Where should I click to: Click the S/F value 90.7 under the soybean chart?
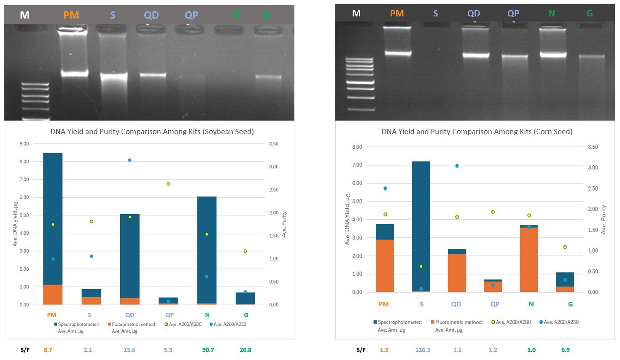tap(208, 350)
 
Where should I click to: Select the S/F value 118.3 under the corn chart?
tap(423, 350)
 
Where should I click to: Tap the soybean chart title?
tap(152, 132)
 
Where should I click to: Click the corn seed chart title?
tap(477, 132)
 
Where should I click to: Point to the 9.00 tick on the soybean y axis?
tap(24, 144)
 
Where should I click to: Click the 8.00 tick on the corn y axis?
tap(357, 147)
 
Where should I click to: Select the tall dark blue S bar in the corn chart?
tap(421, 223)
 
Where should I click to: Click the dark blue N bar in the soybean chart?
tap(207, 249)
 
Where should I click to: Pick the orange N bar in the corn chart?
tap(529, 260)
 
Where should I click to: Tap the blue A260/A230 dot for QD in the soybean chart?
tap(129, 160)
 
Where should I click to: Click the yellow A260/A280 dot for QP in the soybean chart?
tap(168, 184)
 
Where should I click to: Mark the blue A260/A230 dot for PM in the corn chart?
tap(385, 188)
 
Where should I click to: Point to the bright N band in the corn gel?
tap(553, 54)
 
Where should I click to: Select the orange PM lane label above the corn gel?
tap(396, 13)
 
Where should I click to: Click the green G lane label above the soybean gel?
tap(266, 15)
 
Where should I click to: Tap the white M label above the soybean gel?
tap(24, 15)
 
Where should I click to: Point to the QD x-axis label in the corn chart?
tap(456, 304)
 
